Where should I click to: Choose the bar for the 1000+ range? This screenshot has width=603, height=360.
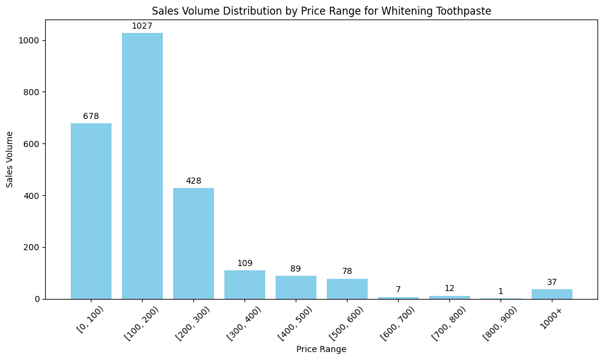click(x=552, y=294)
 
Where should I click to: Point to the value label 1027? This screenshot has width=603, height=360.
click(x=142, y=26)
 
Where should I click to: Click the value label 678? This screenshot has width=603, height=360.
click(x=91, y=116)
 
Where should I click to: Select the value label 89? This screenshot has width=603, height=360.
click(x=296, y=268)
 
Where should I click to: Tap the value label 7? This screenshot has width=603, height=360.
click(x=398, y=289)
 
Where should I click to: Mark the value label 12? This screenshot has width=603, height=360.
click(x=449, y=288)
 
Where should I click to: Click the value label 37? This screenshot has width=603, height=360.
click(x=552, y=282)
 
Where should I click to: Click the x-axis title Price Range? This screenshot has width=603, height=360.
click(x=321, y=349)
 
